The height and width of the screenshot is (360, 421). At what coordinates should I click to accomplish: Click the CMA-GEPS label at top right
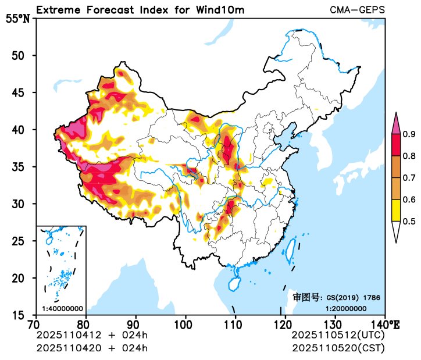pos(356,10)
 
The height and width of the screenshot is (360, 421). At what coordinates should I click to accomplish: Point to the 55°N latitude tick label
pos(17,19)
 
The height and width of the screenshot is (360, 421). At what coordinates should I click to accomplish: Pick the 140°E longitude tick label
pos(387,324)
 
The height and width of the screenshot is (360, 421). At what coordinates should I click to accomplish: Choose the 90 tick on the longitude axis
pos(135,324)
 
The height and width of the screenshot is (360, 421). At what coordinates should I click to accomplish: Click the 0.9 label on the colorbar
pos(409,134)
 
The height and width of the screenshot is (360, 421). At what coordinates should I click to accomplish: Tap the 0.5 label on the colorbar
pos(409,221)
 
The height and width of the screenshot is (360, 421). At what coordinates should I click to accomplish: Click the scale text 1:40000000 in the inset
pos(62,308)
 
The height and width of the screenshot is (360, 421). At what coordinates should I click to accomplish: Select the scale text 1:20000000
pos(345,308)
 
